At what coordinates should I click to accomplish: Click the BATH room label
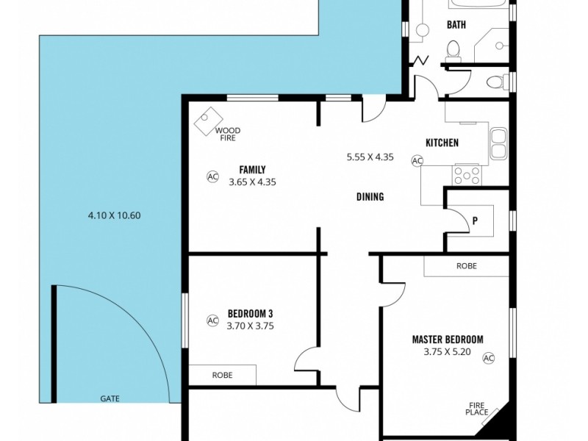tap(456, 25)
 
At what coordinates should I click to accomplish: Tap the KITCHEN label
tap(442, 143)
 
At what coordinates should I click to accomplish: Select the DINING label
tap(370, 196)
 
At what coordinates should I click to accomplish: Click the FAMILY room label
tap(252, 170)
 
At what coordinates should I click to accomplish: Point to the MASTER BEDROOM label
tap(448, 340)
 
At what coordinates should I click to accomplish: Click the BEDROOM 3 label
tap(250, 313)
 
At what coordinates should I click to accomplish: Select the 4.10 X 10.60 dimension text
tap(114, 215)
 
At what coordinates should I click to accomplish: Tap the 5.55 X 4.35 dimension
tap(370, 157)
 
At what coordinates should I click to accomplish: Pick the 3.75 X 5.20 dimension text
tap(448, 352)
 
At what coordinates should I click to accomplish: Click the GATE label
tap(110, 398)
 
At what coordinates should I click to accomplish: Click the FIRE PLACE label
tap(477, 409)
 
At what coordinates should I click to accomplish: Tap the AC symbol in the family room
tap(212, 176)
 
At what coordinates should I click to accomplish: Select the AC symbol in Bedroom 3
tap(212, 320)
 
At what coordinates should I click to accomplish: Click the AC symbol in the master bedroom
tap(488, 358)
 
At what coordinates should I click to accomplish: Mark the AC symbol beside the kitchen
tap(417, 161)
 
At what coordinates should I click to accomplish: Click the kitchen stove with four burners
tap(467, 176)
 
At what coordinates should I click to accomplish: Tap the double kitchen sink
tap(499, 143)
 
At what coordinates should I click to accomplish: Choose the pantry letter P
tap(475, 221)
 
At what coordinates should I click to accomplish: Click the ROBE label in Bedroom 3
tap(222, 375)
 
